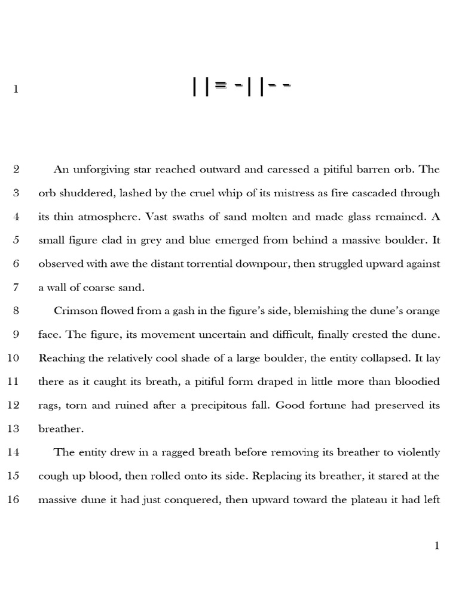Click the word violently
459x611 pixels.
coord(418,452)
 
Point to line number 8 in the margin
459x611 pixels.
coord(16,310)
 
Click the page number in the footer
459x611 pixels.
coord(437,545)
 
